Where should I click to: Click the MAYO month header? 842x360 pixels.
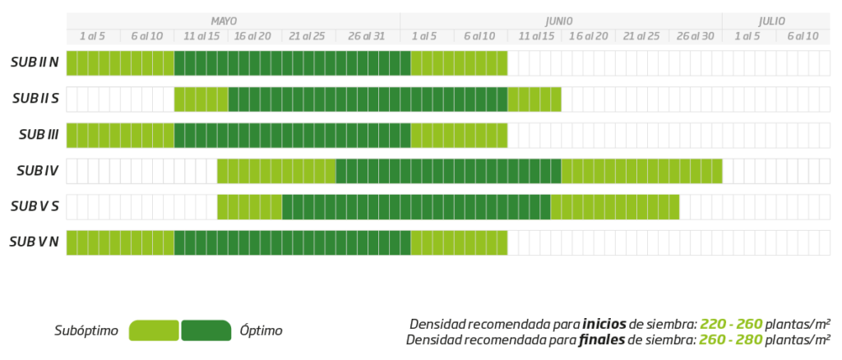224,21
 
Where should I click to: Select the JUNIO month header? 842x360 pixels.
558,21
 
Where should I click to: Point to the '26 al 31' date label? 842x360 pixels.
366,36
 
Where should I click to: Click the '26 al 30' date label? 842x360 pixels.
696,36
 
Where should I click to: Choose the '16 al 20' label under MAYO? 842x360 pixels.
252,36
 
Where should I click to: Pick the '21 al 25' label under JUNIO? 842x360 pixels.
641,36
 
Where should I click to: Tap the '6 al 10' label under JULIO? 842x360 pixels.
803,36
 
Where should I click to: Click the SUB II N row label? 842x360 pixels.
35,62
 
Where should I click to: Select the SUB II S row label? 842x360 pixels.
35,99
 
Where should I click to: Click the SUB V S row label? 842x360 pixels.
35,206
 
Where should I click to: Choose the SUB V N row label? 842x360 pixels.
35,242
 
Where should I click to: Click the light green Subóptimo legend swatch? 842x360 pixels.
154,330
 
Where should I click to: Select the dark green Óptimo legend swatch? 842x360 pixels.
206,330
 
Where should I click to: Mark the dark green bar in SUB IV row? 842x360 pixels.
448,171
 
